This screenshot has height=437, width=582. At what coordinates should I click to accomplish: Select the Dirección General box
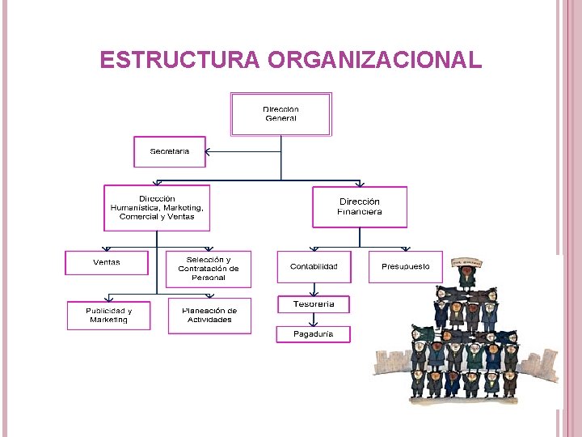pos(280,114)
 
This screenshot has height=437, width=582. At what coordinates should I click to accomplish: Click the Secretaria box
pos(170,151)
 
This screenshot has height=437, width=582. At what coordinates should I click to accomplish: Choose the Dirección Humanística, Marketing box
pos(157,208)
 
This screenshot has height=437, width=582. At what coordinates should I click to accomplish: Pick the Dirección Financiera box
pos(360,207)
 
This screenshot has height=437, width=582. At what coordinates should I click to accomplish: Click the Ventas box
pos(107,262)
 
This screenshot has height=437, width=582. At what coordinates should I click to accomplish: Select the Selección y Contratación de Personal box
pos(209,269)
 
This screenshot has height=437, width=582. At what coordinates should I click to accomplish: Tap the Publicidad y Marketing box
pos(108,315)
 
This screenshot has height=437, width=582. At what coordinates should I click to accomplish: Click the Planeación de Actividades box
pos(209,315)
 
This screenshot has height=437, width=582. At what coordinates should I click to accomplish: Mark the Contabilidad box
pos(314,266)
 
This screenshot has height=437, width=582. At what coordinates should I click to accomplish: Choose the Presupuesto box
pos(406,266)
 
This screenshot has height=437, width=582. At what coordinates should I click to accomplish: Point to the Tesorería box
pos(314,304)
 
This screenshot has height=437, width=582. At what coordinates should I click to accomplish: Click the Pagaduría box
pos(313,333)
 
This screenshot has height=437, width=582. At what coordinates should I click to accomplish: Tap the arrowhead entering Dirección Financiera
pos(360,184)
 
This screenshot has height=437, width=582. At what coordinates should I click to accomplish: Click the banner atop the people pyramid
pos(467,262)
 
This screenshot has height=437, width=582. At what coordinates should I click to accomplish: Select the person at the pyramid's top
pos(466,278)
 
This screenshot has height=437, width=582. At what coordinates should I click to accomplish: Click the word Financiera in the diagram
pos(360,212)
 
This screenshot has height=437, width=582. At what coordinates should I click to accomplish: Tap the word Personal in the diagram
pos(209,278)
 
